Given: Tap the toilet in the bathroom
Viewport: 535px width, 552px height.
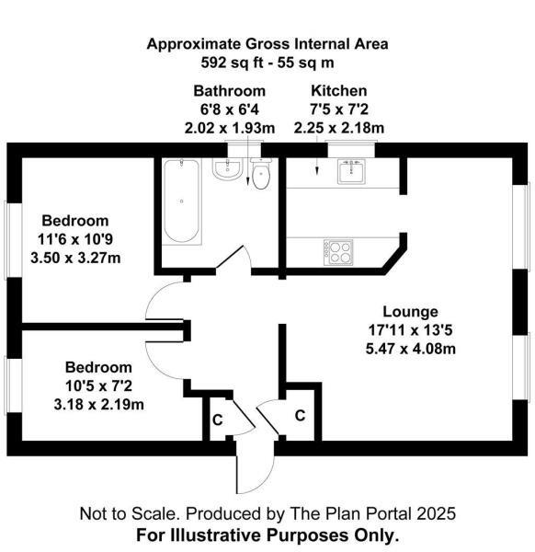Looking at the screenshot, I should tap(262, 175).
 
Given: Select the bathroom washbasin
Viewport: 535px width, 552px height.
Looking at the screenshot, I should tap(226, 168).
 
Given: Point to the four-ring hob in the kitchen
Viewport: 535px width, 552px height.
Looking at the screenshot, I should tap(337, 251).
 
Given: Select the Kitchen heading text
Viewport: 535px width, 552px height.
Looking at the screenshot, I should tap(338, 91).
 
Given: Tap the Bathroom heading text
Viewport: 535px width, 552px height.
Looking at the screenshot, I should tap(229, 91).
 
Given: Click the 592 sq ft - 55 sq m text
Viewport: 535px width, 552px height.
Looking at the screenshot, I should tap(267, 63).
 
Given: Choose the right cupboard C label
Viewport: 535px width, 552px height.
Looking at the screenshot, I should tap(300, 416).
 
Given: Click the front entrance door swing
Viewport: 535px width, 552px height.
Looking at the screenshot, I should tap(252, 474).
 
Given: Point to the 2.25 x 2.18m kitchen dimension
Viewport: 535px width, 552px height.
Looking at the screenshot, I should tap(338, 128).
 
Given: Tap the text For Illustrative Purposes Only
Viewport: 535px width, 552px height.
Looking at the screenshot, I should tap(267, 534).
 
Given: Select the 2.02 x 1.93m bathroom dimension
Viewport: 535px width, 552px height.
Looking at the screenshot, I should tap(229, 128).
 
